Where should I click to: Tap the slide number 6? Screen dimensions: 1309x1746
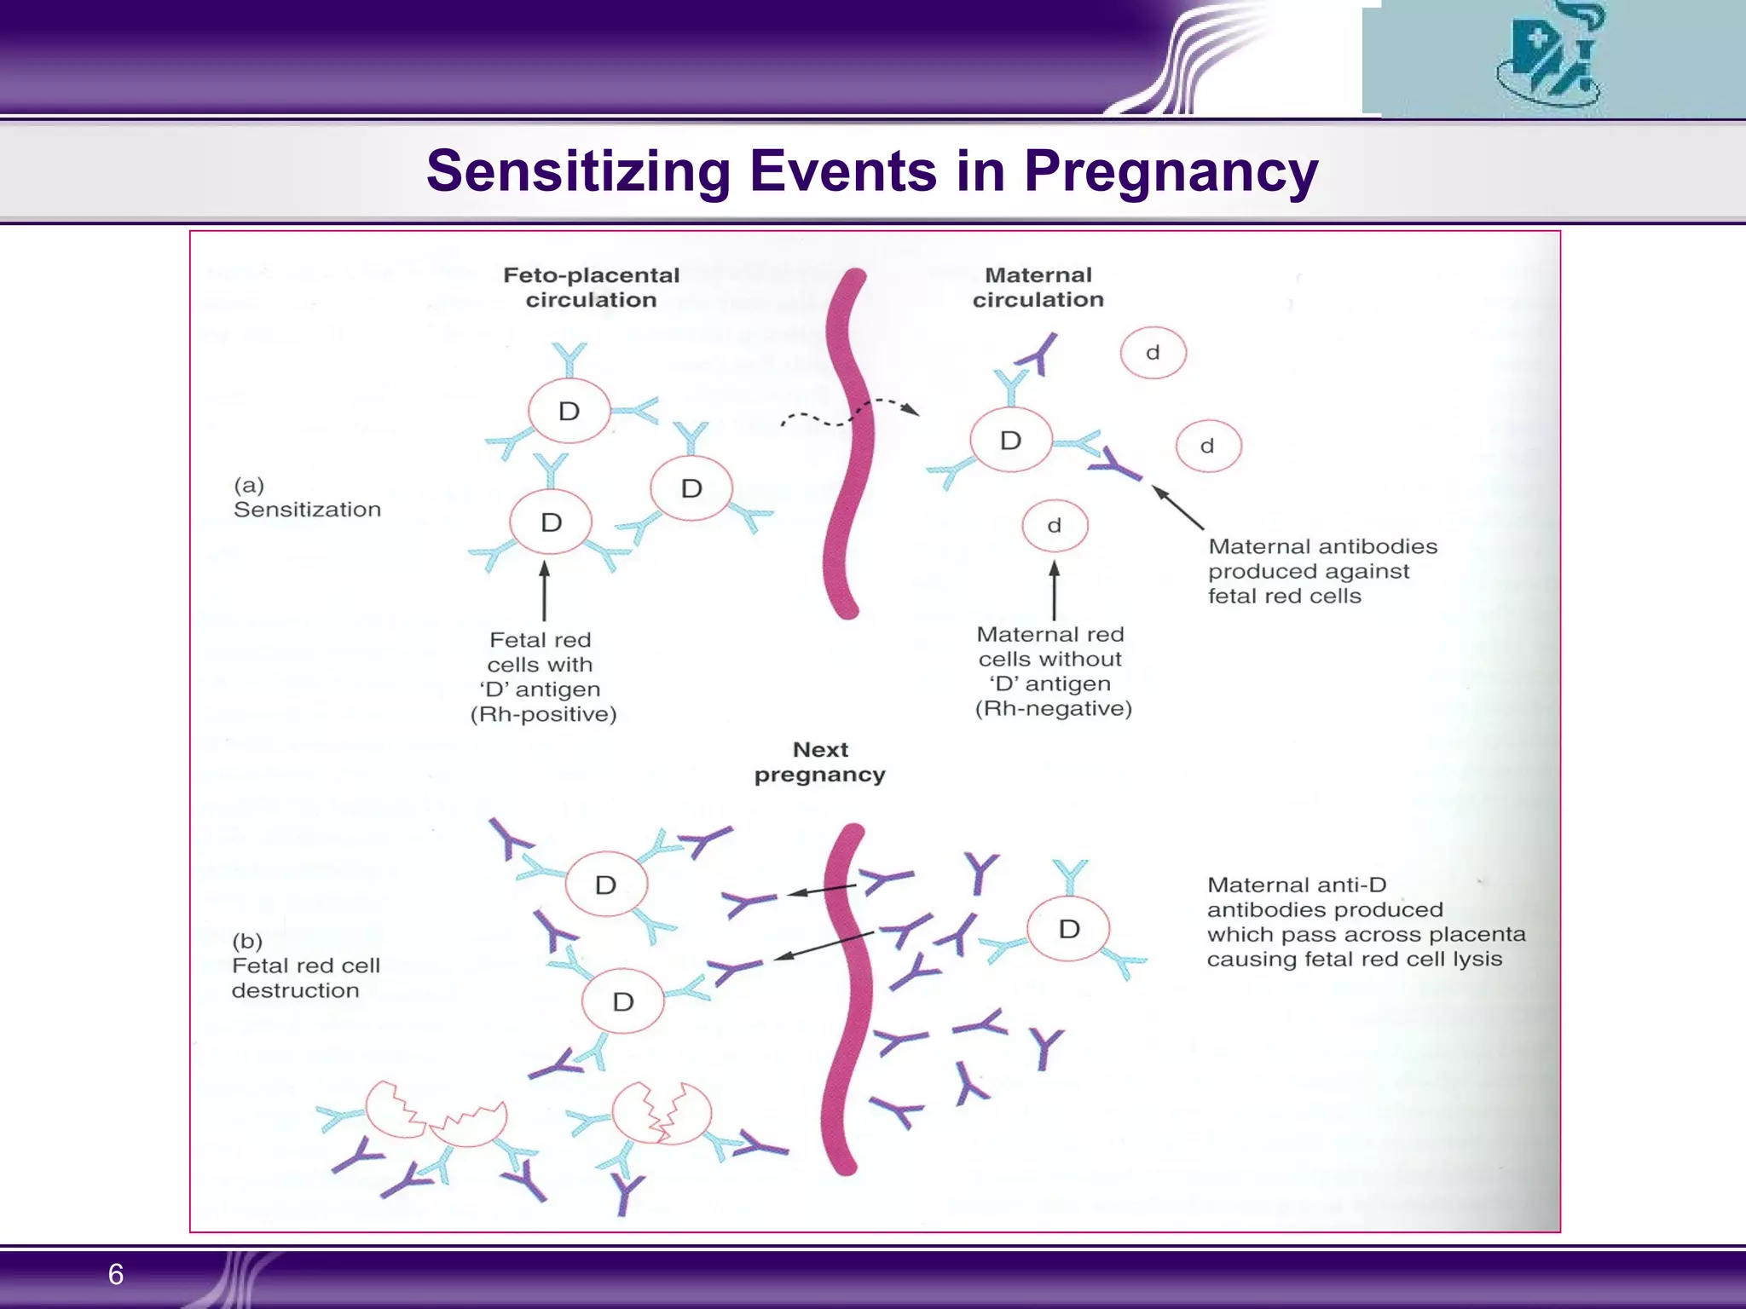coord(116,1274)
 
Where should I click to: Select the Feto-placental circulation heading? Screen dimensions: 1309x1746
coord(591,287)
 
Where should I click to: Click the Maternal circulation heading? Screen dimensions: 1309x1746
coord(1038,287)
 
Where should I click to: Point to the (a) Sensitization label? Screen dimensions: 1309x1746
coord(306,498)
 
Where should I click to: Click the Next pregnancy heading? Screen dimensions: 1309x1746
coord(819,762)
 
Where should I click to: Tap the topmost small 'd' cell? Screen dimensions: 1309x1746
coord(1153,353)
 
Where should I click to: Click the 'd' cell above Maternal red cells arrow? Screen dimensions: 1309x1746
coord(1055,526)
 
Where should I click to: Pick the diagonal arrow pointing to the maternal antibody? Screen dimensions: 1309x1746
coord(1178,507)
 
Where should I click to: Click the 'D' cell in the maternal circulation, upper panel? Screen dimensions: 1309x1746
coord(1010,441)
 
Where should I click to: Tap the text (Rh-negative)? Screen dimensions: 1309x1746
coord(1053,709)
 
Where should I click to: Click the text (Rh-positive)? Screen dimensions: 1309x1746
coord(543,714)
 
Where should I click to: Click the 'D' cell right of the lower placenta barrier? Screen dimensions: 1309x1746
coord(1068,929)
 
